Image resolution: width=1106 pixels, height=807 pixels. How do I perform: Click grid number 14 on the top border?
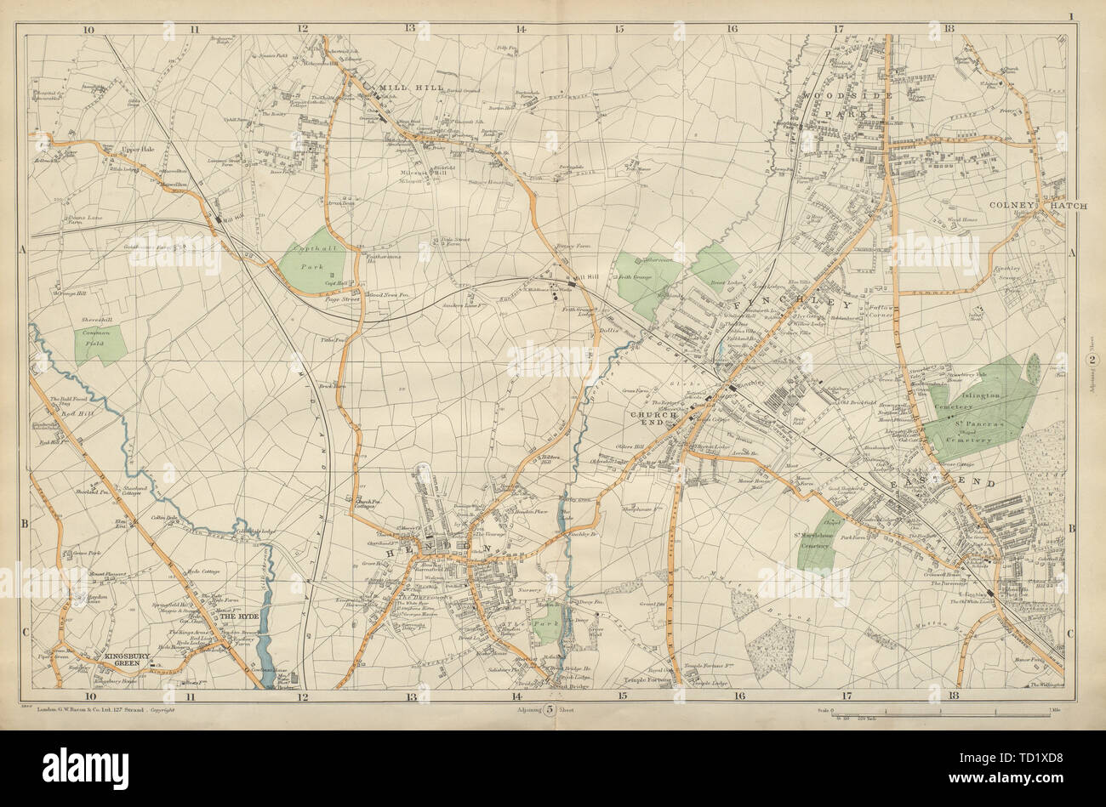520,27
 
